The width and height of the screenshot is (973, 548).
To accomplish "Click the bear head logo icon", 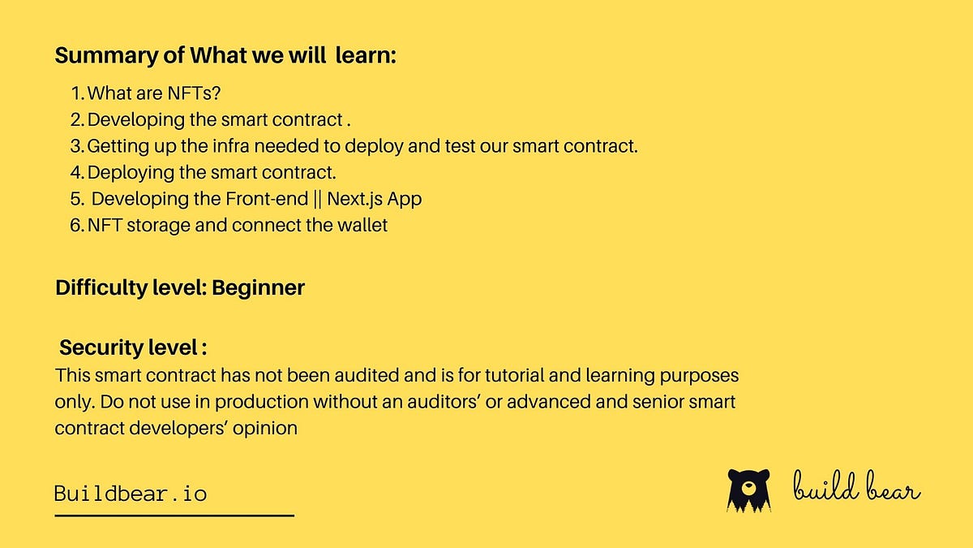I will pyautogui.click(x=748, y=490).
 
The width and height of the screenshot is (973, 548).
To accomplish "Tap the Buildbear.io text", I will pyautogui.click(x=131, y=493).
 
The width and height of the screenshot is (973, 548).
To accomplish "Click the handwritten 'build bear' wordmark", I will pyautogui.click(x=856, y=490).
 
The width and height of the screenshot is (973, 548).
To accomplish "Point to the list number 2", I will pyautogui.click(x=76, y=120).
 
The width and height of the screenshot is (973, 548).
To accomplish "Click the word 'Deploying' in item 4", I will pyautogui.click(x=126, y=172).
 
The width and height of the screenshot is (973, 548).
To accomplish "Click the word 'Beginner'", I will pyautogui.click(x=259, y=287).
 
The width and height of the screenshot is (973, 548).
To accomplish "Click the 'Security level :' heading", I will pyautogui.click(x=133, y=347).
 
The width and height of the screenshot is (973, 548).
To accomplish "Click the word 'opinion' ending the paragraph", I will pyautogui.click(x=266, y=427).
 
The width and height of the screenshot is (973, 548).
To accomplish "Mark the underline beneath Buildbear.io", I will pyautogui.click(x=174, y=515).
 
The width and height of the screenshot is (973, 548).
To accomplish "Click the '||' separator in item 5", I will pyautogui.click(x=318, y=198).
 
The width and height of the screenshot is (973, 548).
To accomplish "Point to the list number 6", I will pyautogui.click(x=76, y=225).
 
